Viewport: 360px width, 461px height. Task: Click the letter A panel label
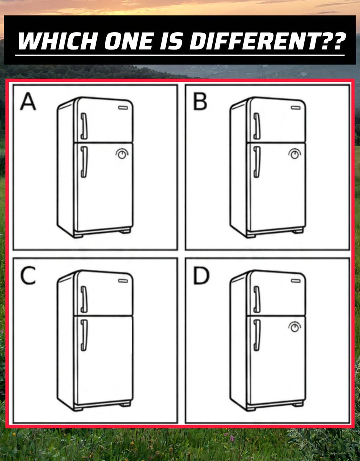28,102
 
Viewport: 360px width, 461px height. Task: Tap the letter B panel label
200,102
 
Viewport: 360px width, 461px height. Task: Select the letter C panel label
28,275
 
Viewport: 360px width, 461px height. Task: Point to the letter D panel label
201,275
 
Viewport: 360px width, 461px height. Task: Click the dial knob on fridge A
122,154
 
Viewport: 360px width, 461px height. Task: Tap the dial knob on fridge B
295,154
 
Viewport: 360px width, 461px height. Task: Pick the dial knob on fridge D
295,327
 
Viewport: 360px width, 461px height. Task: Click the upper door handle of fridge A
84,126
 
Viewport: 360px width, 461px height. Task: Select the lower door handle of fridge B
257,162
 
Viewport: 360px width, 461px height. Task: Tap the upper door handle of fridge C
84,299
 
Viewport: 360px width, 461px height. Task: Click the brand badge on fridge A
123,108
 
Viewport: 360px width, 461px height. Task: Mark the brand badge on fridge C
123,281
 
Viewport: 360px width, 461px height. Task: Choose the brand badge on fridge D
296,281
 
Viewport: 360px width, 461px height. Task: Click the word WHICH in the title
58,41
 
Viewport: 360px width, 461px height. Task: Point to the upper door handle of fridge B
257,126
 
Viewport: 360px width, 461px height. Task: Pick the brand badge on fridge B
296,108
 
